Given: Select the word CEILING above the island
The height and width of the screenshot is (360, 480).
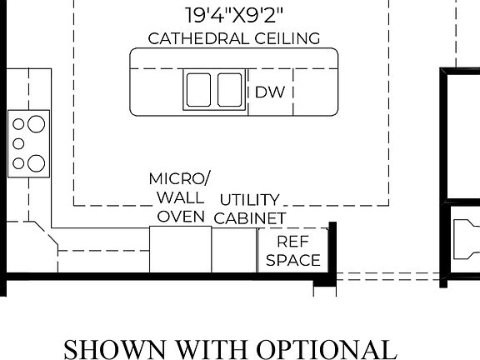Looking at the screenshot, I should [278, 38].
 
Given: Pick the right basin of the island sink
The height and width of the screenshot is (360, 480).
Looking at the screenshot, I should [230, 89].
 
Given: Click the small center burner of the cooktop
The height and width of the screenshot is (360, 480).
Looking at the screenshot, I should [18, 143].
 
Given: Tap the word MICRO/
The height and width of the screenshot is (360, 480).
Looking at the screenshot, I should [180, 179].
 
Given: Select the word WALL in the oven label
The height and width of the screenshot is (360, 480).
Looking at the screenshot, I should [179, 197].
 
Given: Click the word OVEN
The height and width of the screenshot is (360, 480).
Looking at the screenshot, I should [181, 217].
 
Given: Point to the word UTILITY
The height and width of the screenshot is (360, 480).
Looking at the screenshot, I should [249, 200].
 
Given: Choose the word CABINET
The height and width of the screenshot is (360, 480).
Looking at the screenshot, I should [250, 218].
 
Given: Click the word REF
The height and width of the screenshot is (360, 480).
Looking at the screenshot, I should [293, 242].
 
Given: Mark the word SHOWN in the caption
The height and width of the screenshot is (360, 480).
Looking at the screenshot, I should [109, 347].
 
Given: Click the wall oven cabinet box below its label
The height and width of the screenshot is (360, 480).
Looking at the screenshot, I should [180, 249].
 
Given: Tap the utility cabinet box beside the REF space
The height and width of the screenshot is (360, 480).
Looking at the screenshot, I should [233, 249].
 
